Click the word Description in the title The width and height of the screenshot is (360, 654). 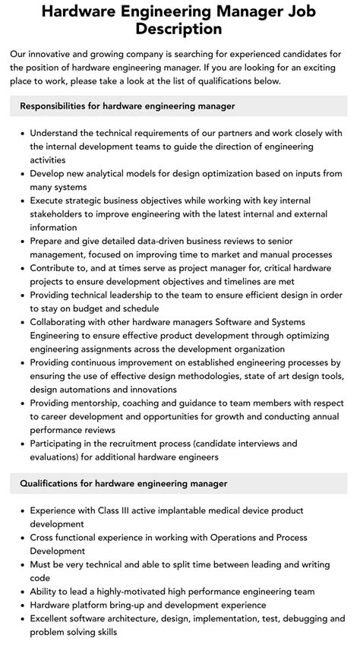coord(180,29)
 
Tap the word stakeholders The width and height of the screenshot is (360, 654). coord(61,215)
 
